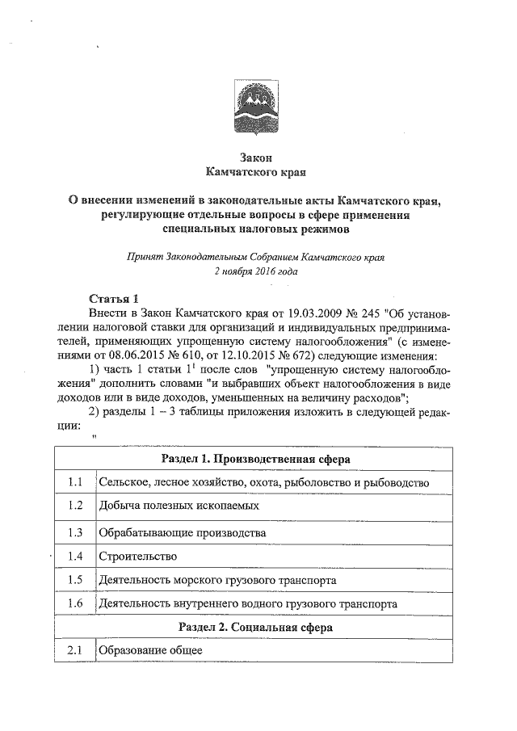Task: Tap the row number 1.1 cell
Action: [x=76, y=482]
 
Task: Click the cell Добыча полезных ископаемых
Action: [x=179, y=506]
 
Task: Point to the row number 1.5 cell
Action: [x=76, y=580]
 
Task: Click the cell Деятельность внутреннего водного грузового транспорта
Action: [x=246, y=604]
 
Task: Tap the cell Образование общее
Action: [x=149, y=651]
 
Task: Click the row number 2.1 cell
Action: [x=76, y=651]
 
